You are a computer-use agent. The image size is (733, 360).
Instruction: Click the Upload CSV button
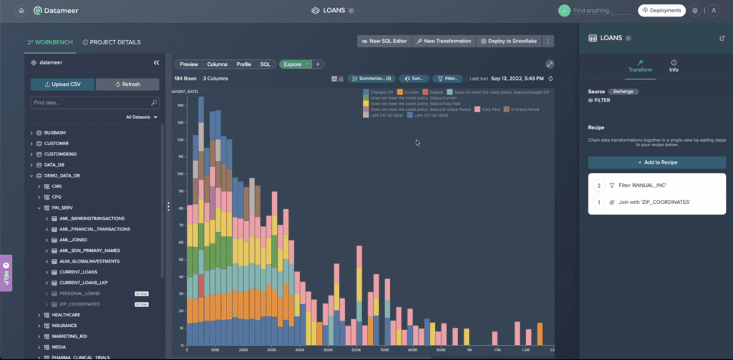pyautogui.click(x=61, y=84)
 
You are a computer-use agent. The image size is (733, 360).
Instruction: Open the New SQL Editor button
pyautogui.click(x=384, y=42)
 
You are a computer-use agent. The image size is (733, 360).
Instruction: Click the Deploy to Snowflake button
pyautogui.click(x=509, y=42)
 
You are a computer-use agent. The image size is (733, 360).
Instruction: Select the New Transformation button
pyautogui.click(x=444, y=42)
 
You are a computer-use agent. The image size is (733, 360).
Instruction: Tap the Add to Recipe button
pyautogui.click(x=656, y=162)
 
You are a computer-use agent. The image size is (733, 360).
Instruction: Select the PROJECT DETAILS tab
pyautogui.click(x=112, y=42)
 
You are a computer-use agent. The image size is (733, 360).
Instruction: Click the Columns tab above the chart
pyautogui.click(x=217, y=64)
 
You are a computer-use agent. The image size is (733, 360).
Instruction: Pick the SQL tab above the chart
pyautogui.click(x=265, y=64)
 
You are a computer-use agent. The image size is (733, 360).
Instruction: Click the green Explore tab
pyautogui.click(x=293, y=64)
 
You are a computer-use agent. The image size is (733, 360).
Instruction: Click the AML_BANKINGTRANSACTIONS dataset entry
pyautogui.click(x=92, y=218)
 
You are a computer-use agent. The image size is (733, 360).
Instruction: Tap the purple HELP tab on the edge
pyautogui.click(x=6, y=273)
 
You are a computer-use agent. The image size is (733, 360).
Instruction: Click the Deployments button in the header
pyautogui.click(x=661, y=11)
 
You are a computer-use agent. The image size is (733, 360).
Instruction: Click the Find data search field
pyautogui.click(x=90, y=103)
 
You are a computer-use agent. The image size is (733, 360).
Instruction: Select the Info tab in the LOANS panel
pyautogui.click(x=674, y=67)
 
